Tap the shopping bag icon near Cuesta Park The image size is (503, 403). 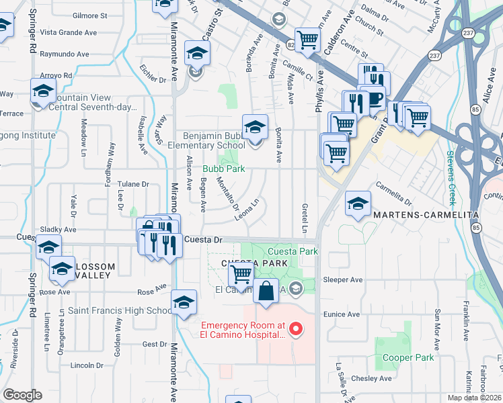[266, 292]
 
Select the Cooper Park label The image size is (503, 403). [408, 357]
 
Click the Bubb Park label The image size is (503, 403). [224, 169]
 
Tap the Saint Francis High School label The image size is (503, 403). [120, 311]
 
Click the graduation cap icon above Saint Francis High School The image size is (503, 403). [184, 302]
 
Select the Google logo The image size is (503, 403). [22, 394]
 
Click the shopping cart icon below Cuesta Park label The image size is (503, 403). [241, 274]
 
